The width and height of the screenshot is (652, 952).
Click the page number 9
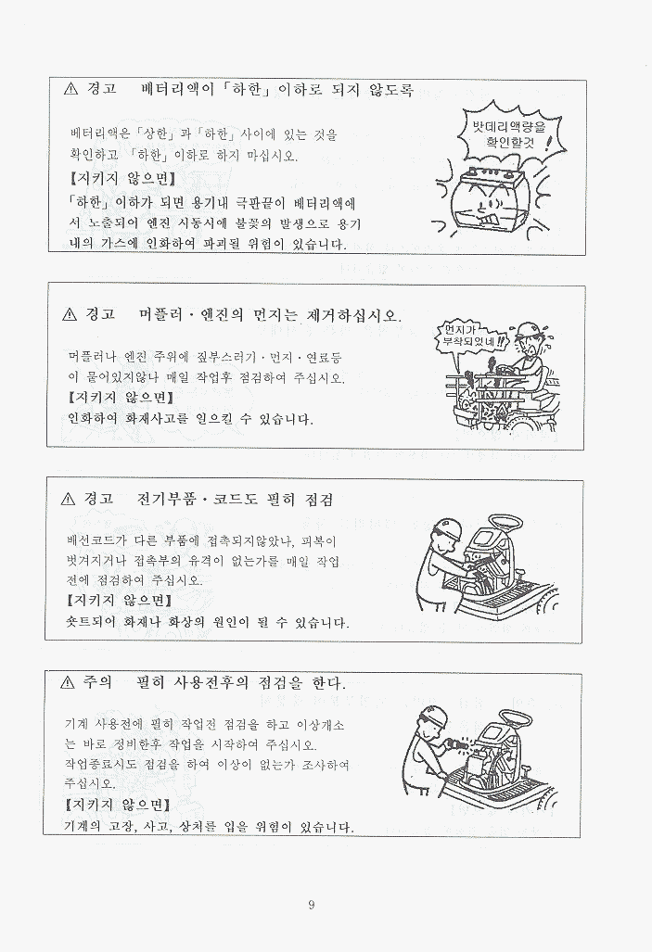[311, 906]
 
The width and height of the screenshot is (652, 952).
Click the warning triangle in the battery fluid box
[70, 89]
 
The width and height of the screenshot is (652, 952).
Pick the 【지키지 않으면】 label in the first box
[122, 179]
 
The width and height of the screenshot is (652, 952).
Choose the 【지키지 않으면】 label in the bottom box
[117, 806]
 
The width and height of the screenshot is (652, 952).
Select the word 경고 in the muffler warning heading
[99, 315]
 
